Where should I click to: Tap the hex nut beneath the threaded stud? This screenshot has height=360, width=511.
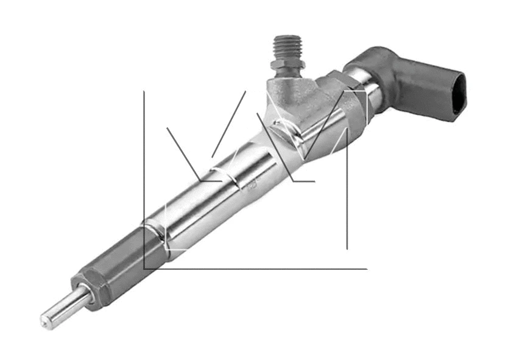286,68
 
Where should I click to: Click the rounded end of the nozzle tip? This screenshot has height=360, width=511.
45,319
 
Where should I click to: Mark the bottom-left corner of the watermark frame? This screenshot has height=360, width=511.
144,268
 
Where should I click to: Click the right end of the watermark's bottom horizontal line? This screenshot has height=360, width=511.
367,268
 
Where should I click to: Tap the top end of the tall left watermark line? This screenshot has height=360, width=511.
144,92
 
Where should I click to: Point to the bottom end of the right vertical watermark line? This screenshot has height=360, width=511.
347,249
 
